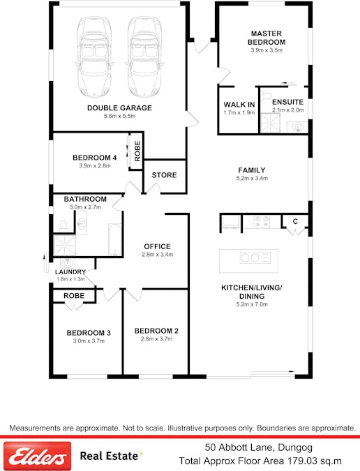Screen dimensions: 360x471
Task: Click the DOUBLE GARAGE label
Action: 119,108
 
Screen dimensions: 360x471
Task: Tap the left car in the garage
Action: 94,57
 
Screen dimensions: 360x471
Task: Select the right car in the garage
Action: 144,57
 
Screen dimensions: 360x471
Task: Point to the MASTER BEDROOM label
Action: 267,38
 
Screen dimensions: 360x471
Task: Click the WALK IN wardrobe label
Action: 239,105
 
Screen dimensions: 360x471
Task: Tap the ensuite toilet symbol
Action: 266,96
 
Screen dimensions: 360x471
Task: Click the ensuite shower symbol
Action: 270,123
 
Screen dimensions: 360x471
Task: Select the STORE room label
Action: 164,175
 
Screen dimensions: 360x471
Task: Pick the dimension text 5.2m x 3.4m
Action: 253,178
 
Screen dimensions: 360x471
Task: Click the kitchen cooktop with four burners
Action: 262,222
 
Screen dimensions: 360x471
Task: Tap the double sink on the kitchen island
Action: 255,257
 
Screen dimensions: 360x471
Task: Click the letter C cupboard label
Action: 295,221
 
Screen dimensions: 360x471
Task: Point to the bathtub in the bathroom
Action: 114,239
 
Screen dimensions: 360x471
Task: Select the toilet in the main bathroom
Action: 63,226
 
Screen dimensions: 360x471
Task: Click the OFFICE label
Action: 158,246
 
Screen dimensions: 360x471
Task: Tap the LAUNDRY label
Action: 70,272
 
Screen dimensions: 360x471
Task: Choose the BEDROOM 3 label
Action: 89,333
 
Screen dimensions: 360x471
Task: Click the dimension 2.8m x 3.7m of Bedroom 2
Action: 157,339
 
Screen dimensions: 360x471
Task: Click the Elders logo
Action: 37,456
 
